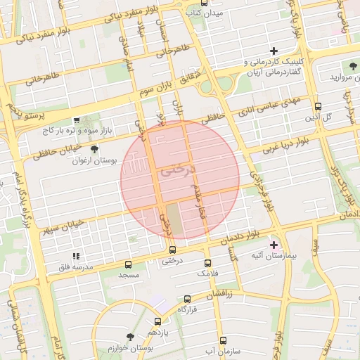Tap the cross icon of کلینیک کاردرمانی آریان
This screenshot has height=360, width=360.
pos(274,51)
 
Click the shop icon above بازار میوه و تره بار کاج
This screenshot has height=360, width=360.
pos(77,121)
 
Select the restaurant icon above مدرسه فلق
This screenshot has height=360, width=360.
pos(75,256)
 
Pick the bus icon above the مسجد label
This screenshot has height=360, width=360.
pos(128,264)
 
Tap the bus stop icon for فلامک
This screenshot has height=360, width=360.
pos(207,262)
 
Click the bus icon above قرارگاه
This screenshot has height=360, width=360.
pos(186,298)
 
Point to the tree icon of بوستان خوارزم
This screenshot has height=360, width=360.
pos(129,337)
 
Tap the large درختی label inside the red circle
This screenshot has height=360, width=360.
pos(176,171)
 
